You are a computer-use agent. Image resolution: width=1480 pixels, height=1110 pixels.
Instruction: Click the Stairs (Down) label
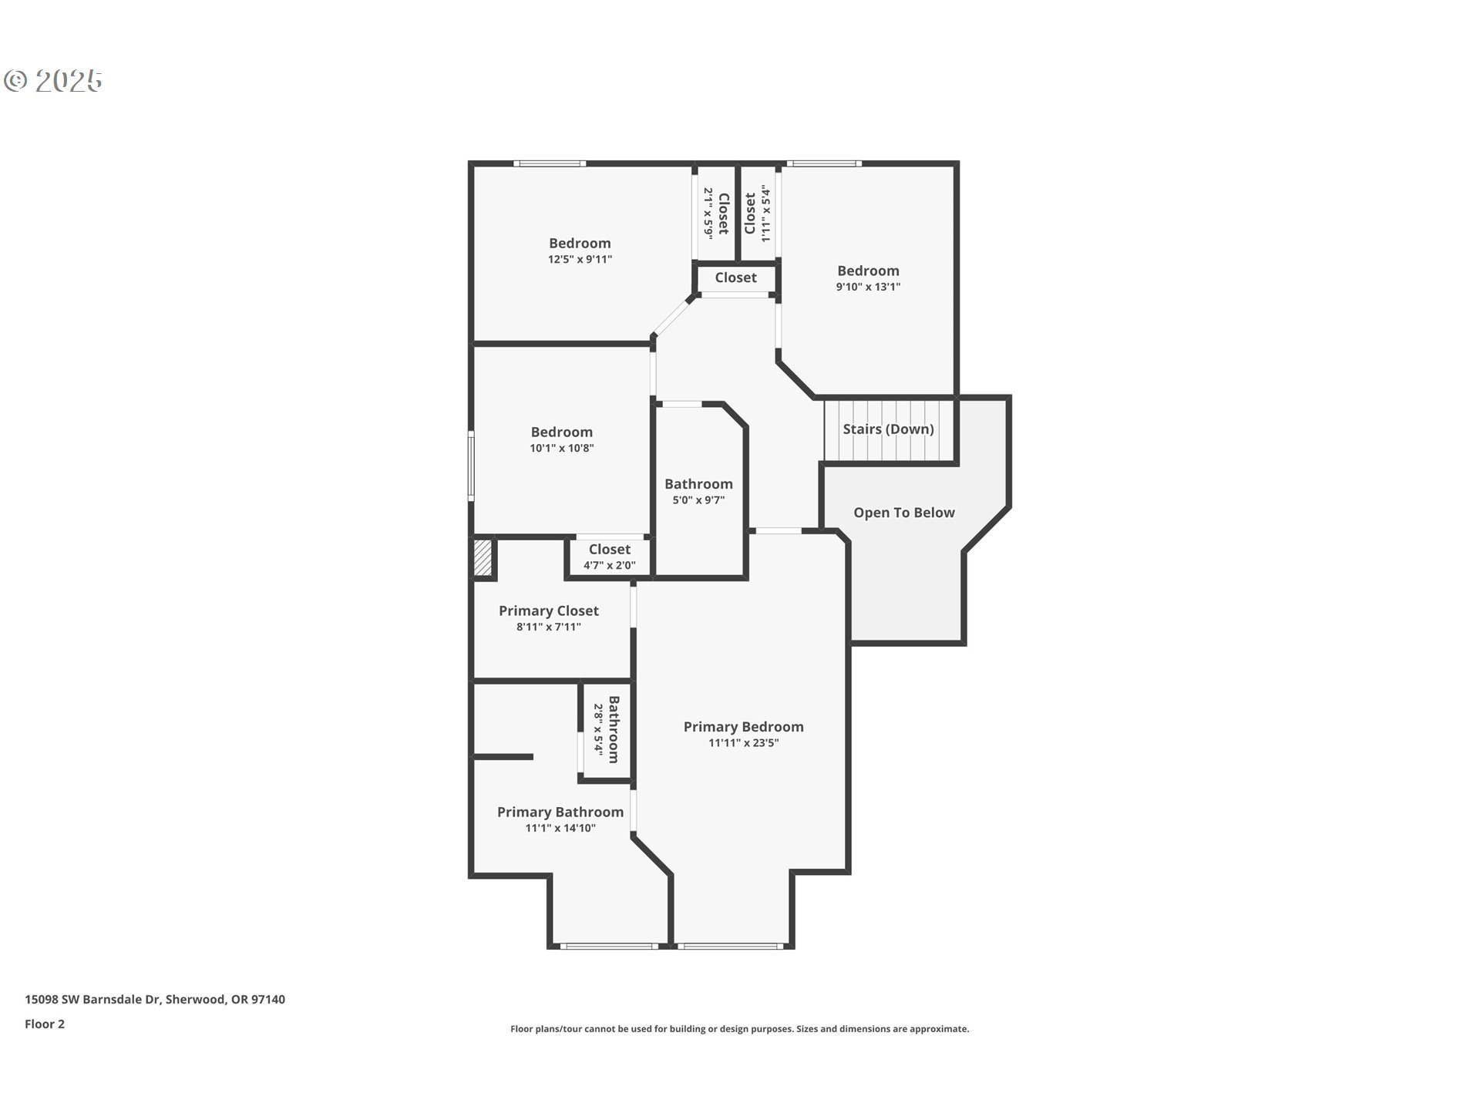click(888, 429)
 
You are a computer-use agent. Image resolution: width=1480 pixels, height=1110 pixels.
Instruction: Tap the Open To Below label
click(903, 513)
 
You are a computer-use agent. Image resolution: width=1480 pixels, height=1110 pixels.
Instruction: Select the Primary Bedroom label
click(743, 727)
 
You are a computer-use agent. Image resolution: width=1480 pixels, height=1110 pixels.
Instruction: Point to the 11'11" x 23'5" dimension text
click(743, 743)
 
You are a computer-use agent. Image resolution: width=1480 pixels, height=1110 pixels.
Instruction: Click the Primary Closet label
click(548, 610)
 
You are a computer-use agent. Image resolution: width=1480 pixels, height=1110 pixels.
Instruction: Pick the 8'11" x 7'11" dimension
click(548, 627)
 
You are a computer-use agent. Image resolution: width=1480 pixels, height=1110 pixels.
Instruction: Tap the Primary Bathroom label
click(560, 812)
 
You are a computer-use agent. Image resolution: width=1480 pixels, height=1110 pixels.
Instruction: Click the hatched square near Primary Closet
click(483, 557)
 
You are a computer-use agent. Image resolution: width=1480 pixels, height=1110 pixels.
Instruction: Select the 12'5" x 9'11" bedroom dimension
click(580, 260)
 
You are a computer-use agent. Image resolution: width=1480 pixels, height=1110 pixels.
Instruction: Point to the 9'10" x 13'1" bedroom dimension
click(868, 287)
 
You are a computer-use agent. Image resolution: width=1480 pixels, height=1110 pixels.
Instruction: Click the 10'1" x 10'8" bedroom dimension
click(561, 448)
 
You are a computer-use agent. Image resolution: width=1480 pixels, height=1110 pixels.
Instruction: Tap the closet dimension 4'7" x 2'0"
click(609, 565)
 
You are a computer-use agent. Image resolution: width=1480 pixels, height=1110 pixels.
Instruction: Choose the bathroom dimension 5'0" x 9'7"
click(698, 500)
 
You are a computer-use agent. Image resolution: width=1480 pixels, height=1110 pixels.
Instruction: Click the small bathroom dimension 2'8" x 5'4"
click(597, 729)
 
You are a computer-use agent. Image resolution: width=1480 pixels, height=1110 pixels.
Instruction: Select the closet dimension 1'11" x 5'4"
click(765, 214)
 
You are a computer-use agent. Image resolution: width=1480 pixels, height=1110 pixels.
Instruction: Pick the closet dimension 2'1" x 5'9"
click(708, 212)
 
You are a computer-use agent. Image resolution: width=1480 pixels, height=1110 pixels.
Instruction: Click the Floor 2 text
click(45, 1024)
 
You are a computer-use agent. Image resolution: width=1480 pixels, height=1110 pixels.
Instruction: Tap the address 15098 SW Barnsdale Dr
click(92, 999)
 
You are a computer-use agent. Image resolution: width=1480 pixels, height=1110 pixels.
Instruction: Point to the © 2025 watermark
click(53, 80)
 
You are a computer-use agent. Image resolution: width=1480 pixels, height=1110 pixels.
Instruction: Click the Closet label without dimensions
click(735, 277)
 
